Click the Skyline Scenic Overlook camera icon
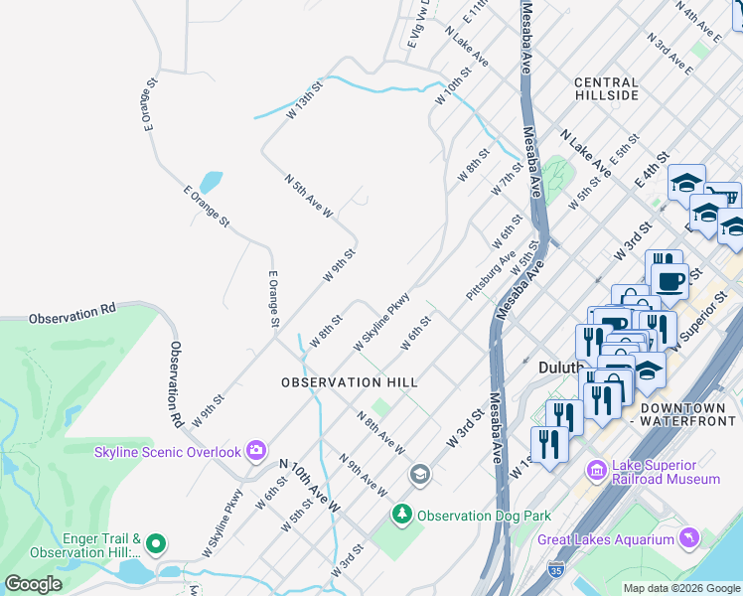point(256,452)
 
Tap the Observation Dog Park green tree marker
point(402,515)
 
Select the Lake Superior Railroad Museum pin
point(596,470)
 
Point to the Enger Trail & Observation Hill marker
point(155,544)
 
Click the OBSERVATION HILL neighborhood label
point(349,382)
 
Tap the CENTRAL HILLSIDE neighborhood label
point(606,88)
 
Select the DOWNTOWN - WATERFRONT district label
point(688,414)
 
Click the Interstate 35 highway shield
point(556,573)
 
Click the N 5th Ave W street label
point(308,196)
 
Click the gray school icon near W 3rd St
point(419,476)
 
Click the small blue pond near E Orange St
point(211,183)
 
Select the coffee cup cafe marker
point(669,279)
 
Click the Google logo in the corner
point(33,584)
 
